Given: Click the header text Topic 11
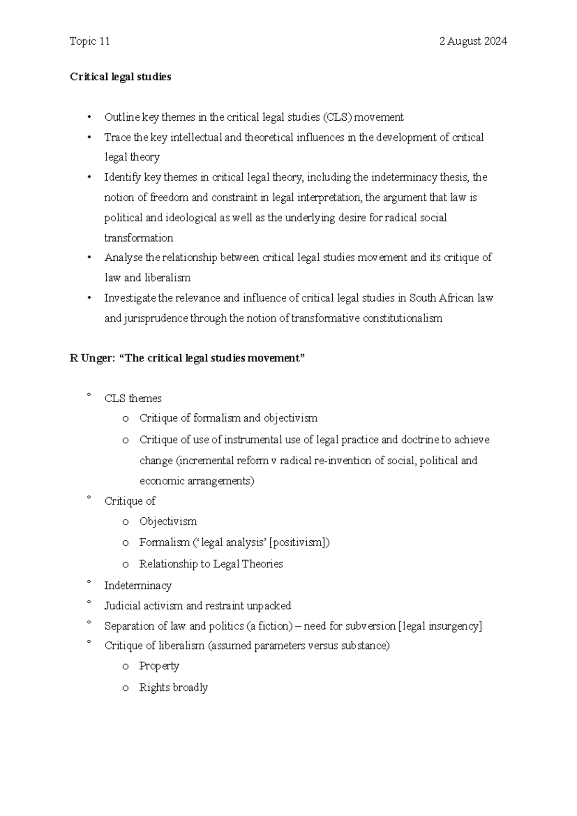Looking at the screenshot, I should (89, 41).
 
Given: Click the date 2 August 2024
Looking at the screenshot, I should (473, 41).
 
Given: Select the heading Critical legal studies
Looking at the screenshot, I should (120, 77).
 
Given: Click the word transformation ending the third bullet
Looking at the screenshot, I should (138, 238).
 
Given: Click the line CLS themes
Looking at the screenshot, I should (133, 399).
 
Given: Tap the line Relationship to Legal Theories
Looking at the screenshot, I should (211, 564).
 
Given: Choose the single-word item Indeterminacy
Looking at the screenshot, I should (138, 586).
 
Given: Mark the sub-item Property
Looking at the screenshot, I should (159, 666).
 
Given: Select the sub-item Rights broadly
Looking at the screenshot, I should (173, 688).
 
